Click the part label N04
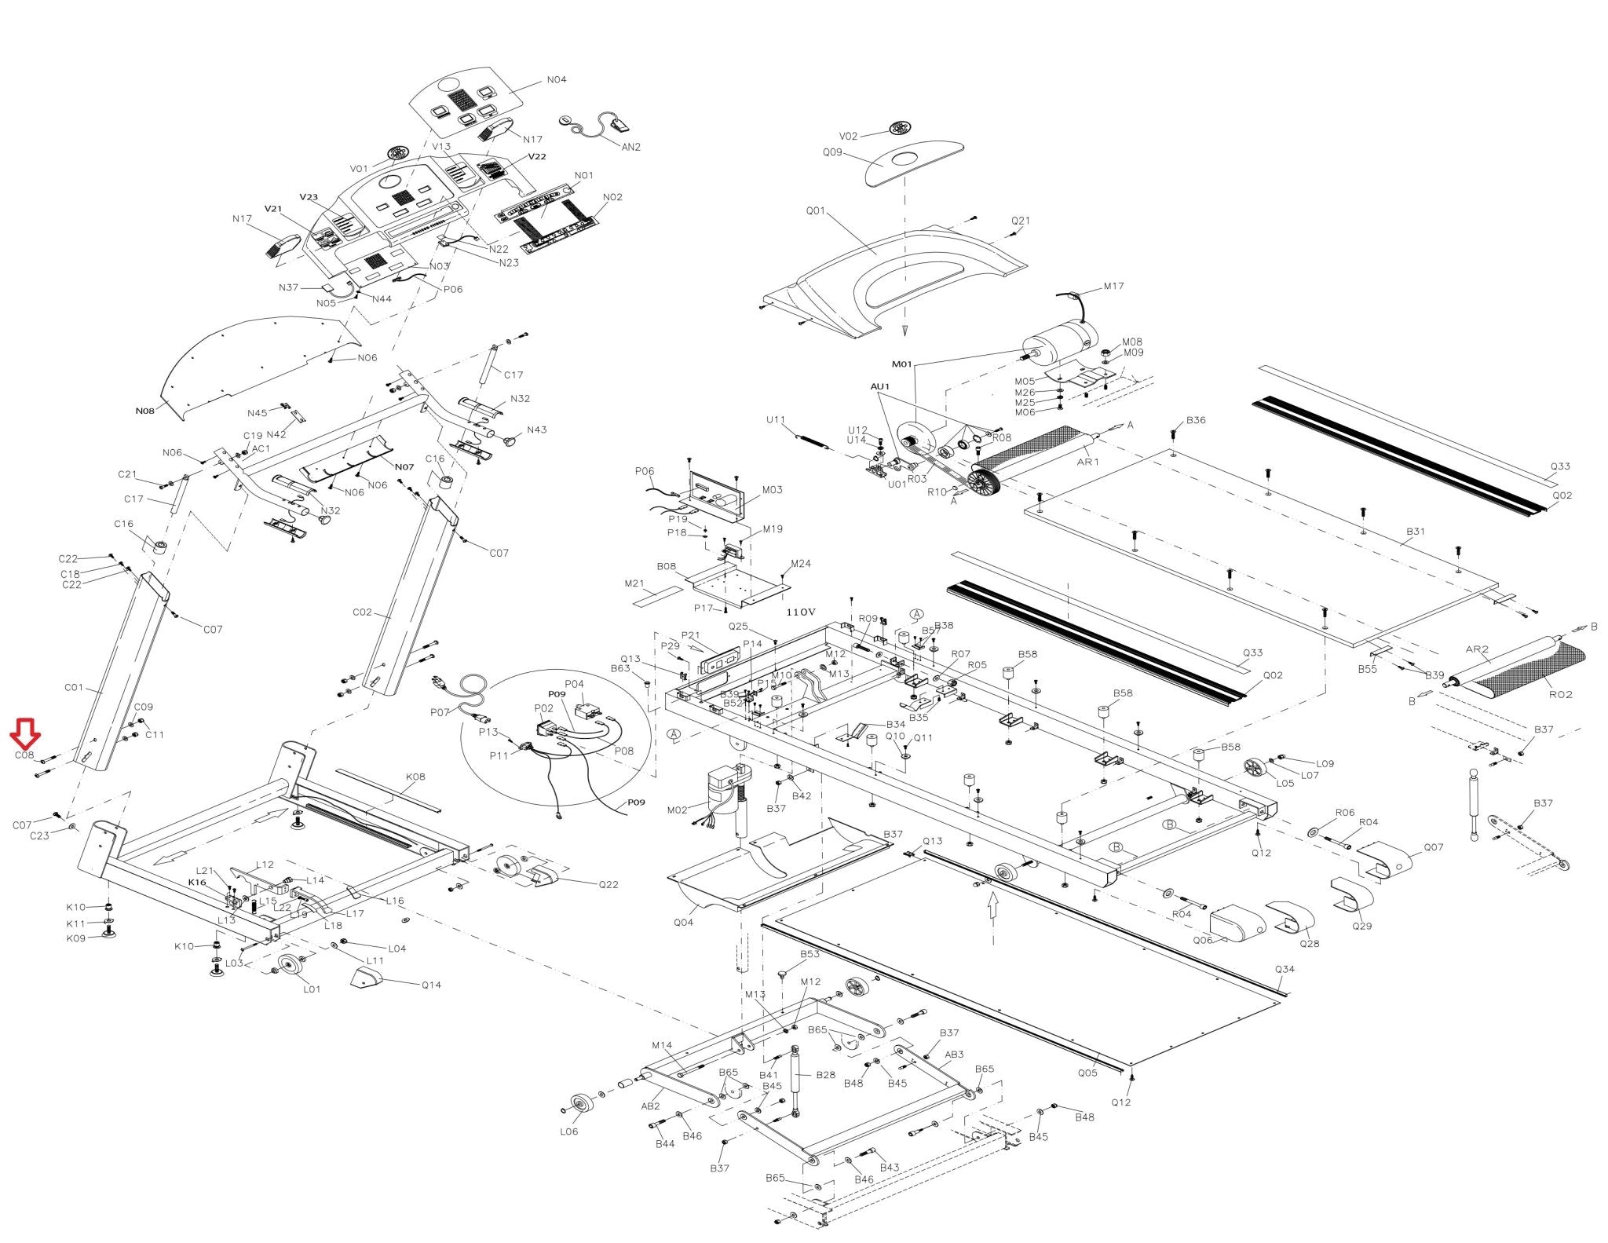pos(556,80)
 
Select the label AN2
pos(630,147)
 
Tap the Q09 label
pos(832,152)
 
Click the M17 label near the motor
pos(1113,287)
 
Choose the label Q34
pos(1285,969)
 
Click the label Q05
pos(1087,1073)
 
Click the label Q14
pos(431,985)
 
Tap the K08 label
pos(415,777)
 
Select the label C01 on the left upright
pos(74,688)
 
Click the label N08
pos(144,411)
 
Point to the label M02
pos(677,810)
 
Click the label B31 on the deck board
pos(1415,532)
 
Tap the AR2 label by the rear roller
pos(1477,649)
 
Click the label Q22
pos(608,884)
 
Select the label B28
pos(825,1075)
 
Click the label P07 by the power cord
pos(440,712)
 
